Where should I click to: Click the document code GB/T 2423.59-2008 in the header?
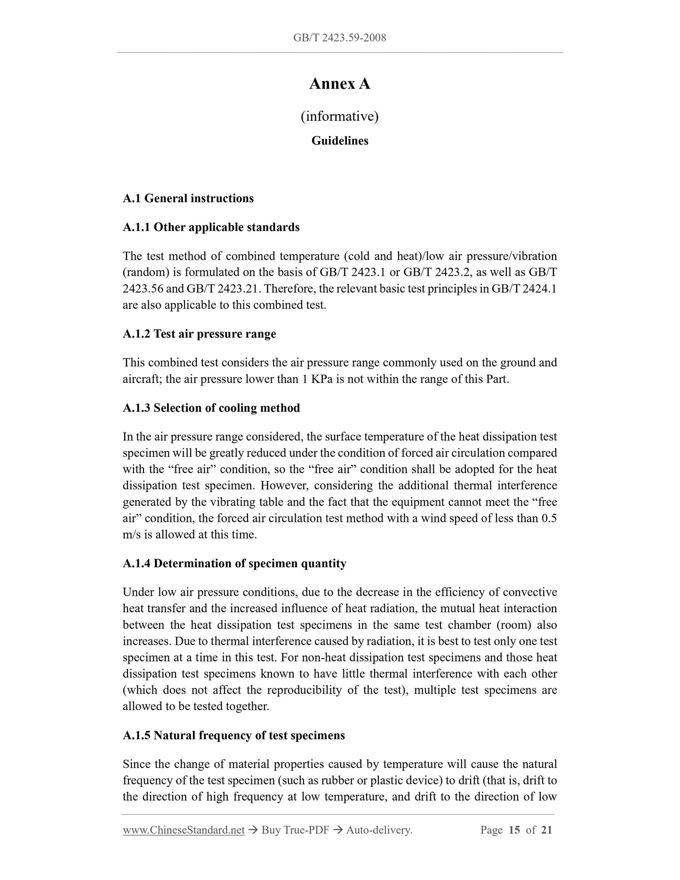339,38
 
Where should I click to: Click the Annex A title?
339,84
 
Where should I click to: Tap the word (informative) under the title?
339,116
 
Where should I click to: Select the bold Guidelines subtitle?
339,141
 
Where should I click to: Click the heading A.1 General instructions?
188,199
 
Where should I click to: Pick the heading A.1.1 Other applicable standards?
211,227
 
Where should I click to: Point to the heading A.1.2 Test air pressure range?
199,334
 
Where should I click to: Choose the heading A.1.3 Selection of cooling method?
211,408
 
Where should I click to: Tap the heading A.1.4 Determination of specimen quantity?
234,564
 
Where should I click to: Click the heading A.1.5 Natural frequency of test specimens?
233,736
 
